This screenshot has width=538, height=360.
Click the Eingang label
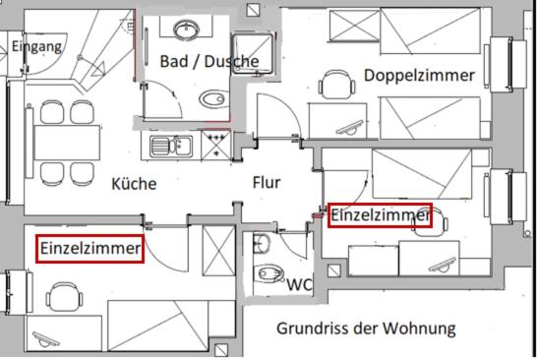point(37,46)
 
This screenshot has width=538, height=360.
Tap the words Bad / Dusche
point(209,61)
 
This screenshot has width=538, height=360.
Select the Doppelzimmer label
point(418,75)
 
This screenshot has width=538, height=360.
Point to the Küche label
point(134,183)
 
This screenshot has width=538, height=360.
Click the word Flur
point(267,182)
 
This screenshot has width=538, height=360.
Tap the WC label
point(300,284)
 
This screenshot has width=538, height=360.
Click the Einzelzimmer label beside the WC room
point(380,214)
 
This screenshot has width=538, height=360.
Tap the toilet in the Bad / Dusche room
point(210,99)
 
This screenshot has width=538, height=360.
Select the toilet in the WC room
point(267,274)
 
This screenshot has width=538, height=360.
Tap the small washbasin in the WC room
point(260,244)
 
